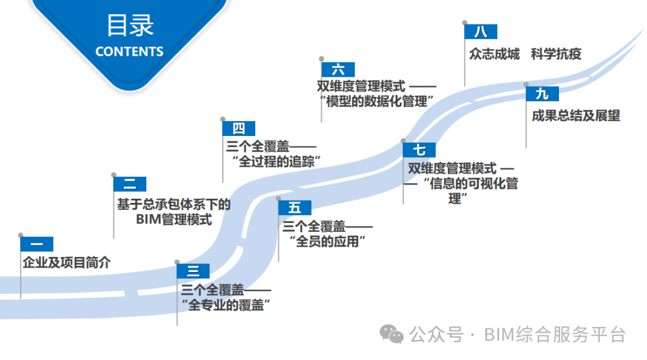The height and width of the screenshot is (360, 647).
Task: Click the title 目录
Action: [130, 26]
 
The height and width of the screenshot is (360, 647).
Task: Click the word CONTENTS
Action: [129, 52]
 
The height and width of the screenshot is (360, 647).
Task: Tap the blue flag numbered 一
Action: [37, 244]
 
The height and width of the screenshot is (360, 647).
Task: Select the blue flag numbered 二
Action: [129, 184]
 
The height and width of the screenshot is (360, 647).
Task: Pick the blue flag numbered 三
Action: [193, 271]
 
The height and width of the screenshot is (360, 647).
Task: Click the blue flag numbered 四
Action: [238, 128]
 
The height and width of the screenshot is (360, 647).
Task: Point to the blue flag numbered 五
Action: [295, 207]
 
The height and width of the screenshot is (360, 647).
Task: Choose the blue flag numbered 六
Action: [338, 69]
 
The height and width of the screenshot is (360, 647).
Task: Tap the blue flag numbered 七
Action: [419, 150]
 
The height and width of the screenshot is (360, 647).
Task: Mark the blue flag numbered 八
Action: [481, 32]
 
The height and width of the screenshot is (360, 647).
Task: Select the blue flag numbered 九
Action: [542, 94]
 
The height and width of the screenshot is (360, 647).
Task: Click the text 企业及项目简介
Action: [66, 262]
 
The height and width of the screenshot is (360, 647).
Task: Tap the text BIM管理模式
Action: [174, 220]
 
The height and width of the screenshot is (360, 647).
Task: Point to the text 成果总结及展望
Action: [576, 116]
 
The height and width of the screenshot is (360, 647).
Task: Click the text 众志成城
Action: [494, 53]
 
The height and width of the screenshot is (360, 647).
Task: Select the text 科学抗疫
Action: [556, 53]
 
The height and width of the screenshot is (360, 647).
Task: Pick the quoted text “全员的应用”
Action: [327, 241]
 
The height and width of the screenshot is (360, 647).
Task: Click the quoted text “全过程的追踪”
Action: [276, 161]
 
